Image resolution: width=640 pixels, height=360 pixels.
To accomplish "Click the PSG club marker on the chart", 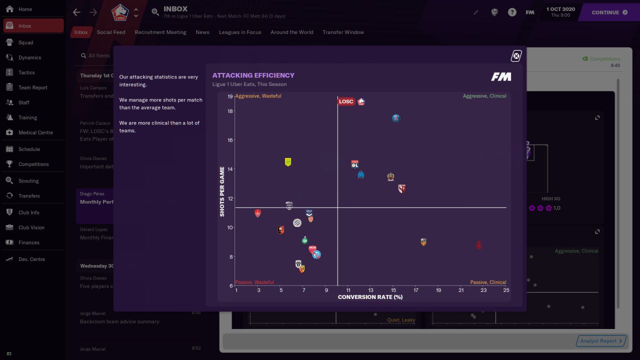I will [396, 118].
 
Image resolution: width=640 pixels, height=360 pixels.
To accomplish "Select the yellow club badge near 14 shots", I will [288, 162].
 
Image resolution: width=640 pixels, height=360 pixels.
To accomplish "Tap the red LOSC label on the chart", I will [346, 101].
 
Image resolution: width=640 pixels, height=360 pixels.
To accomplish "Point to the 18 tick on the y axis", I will [230, 111].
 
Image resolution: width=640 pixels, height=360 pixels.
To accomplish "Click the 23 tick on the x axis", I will [483, 290].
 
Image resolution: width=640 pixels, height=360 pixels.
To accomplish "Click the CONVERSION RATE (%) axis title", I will [370, 297].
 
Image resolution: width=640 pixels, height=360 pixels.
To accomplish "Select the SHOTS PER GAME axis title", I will [222, 191].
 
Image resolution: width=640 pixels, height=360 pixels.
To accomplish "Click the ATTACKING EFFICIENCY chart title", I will [253, 75].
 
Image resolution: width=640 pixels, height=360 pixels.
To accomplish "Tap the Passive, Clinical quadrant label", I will [488, 282].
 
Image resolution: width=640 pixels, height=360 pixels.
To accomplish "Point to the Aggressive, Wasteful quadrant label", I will [258, 96].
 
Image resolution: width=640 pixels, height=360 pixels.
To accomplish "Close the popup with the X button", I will [516, 56].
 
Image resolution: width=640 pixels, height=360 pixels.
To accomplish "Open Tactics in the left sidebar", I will [26, 72].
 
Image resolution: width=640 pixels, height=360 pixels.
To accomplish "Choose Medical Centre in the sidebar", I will [35, 132].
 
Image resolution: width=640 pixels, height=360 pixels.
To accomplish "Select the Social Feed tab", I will [111, 32].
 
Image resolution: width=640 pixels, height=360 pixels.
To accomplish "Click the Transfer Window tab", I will [343, 32].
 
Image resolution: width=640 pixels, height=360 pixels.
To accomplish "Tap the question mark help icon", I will [512, 12].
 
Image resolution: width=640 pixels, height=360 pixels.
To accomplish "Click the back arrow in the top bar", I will [76, 12].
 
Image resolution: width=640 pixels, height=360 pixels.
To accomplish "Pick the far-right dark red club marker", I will [478, 245].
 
